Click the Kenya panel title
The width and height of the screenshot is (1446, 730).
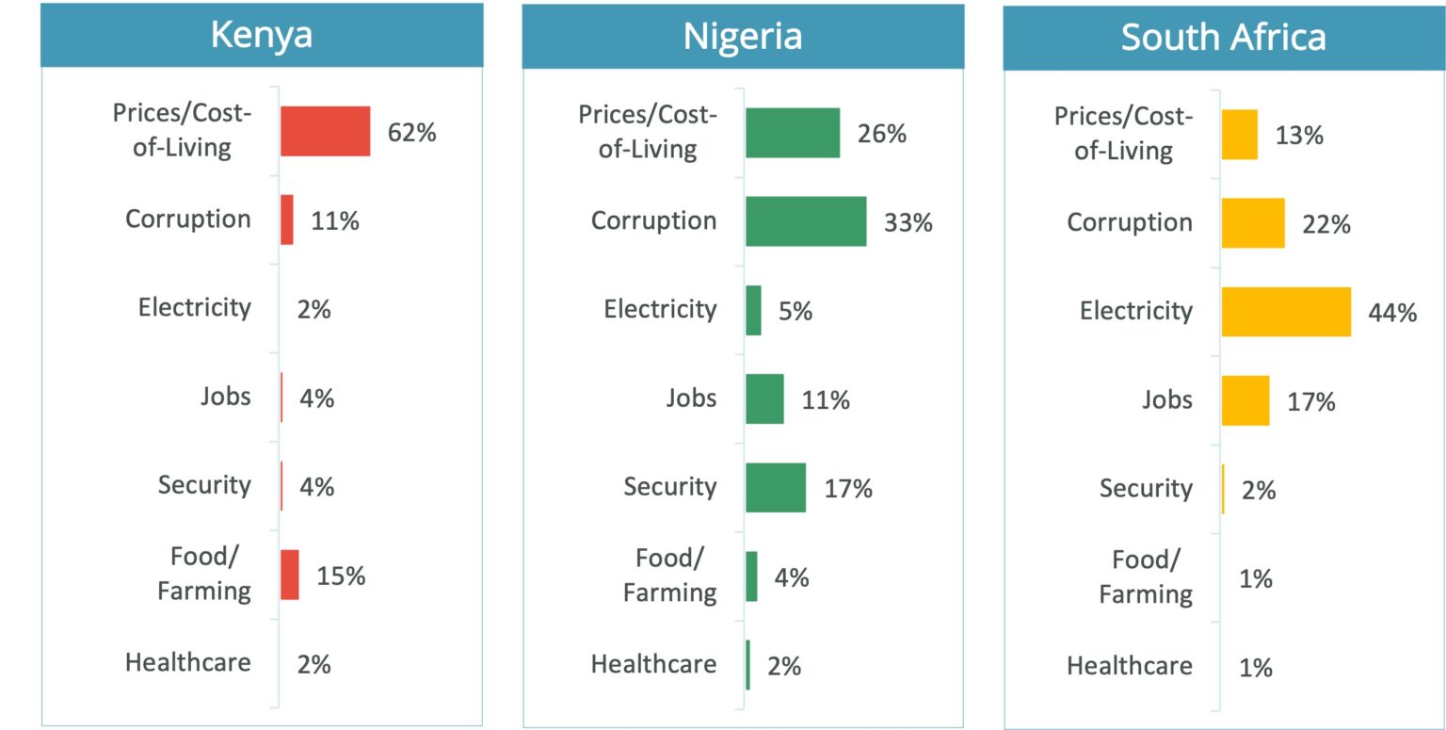point(262,35)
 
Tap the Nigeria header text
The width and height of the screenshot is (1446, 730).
point(743,36)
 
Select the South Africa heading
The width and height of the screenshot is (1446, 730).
point(1223,38)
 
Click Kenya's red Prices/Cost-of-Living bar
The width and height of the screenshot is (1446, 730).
point(325,131)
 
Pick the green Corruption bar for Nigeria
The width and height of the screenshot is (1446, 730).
point(805,221)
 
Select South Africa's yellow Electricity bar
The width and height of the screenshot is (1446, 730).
point(1286,312)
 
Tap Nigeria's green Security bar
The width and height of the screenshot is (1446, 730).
point(776,487)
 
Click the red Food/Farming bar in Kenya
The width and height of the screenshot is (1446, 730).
point(289,575)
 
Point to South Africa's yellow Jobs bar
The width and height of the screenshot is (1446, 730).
point(1245,400)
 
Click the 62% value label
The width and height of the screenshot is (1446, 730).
point(412,133)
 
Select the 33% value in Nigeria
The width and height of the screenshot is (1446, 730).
point(908,223)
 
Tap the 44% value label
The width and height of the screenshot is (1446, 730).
point(1393,313)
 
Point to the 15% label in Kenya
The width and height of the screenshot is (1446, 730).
point(341,576)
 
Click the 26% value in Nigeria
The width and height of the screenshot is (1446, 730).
point(881,134)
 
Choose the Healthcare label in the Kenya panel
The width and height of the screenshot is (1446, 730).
point(188,662)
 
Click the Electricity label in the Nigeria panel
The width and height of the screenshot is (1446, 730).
point(660,309)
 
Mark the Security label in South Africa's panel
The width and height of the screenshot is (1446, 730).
point(1146,488)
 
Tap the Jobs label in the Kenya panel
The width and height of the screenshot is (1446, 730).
point(226,396)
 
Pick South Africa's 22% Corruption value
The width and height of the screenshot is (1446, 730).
point(1326,224)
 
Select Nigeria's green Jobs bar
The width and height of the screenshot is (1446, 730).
point(764,398)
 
